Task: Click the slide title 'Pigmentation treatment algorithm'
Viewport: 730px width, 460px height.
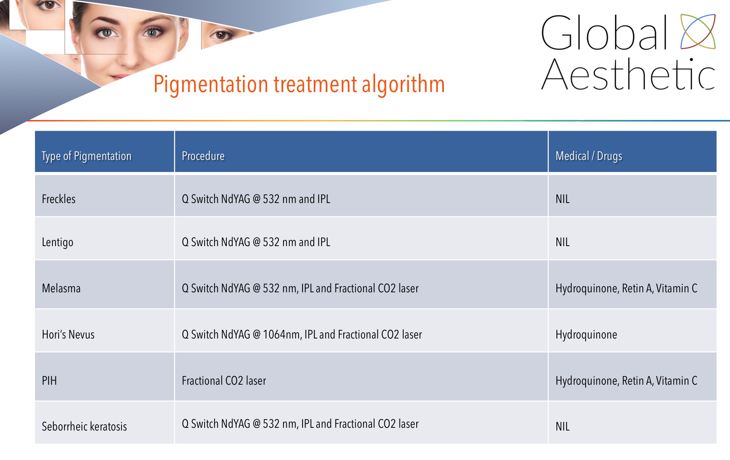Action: pos(299,84)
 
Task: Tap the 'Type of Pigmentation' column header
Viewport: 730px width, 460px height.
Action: pos(87,156)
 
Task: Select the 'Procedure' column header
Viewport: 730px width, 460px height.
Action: pos(203,156)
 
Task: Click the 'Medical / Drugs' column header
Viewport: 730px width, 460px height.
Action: pos(589,156)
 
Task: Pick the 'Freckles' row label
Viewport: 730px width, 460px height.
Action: pos(59,199)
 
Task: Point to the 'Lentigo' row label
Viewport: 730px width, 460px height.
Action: pos(57,243)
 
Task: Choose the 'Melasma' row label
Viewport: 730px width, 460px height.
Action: pos(61,288)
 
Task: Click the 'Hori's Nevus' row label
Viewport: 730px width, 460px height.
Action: pos(68,335)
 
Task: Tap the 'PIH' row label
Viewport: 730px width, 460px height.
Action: pos(49,381)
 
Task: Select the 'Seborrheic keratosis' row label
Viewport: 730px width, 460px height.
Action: pos(84,427)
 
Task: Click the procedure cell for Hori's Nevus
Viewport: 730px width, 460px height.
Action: pos(302,335)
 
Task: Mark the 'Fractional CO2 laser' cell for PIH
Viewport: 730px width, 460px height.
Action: pos(224,381)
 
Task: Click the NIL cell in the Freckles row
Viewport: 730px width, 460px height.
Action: pos(562,199)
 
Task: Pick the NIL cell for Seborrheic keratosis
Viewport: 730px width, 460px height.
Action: pos(562,427)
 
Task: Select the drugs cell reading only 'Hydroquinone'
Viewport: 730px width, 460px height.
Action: pos(586,335)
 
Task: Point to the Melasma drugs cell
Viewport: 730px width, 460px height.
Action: pos(626,288)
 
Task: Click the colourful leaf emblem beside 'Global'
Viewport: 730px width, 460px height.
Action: pos(698,31)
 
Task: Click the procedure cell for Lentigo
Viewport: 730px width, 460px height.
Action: pos(256,242)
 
